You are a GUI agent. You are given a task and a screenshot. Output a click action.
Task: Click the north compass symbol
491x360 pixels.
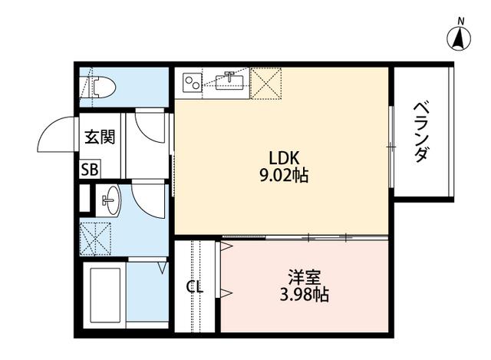pyautogui.click(x=459, y=39)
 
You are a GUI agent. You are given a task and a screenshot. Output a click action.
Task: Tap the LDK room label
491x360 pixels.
pyautogui.click(x=285, y=158)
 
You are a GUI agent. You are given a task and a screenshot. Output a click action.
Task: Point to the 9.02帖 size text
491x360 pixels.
pyautogui.click(x=284, y=176)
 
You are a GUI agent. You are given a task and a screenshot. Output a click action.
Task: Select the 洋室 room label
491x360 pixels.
pyautogui.click(x=305, y=277)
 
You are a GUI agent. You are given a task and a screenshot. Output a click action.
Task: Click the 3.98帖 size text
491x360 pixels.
pyautogui.click(x=304, y=295)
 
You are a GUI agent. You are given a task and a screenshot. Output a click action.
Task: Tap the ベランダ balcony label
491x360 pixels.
pyautogui.click(x=420, y=131)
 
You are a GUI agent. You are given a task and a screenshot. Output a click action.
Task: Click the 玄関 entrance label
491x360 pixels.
pyautogui.click(x=101, y=137)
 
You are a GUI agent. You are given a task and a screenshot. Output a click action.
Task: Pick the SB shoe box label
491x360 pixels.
pyautogui.click(x=90, y=170)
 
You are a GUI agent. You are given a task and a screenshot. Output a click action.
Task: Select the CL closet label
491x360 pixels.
pyautogui.click(x=195, y=286)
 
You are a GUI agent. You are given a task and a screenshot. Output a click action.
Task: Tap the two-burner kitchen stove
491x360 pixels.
pyautogui.click(x=193, y=82)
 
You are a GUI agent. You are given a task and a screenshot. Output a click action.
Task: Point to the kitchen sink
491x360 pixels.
pyautogui.click(x=229, y=81)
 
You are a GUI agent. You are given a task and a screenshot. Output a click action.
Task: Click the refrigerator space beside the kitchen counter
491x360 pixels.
pyautogui.click(x=266, y=84)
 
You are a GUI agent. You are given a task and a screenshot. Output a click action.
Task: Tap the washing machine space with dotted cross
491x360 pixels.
pyautogui.click(x=95, y=239)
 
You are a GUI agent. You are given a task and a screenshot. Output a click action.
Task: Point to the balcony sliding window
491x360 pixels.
pyautogui.click(x=391, y=147)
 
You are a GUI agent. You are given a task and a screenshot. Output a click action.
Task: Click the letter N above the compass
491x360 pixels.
pyautogui.click(x=460, y=21)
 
